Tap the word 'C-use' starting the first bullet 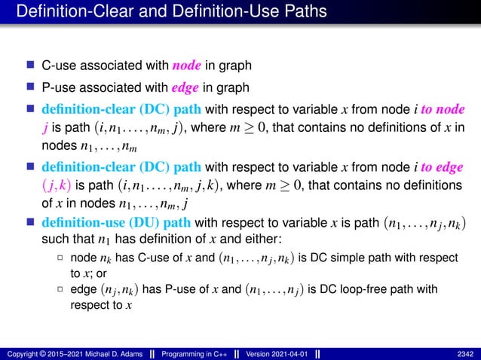click(57, 65)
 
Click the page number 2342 click(465, 352)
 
